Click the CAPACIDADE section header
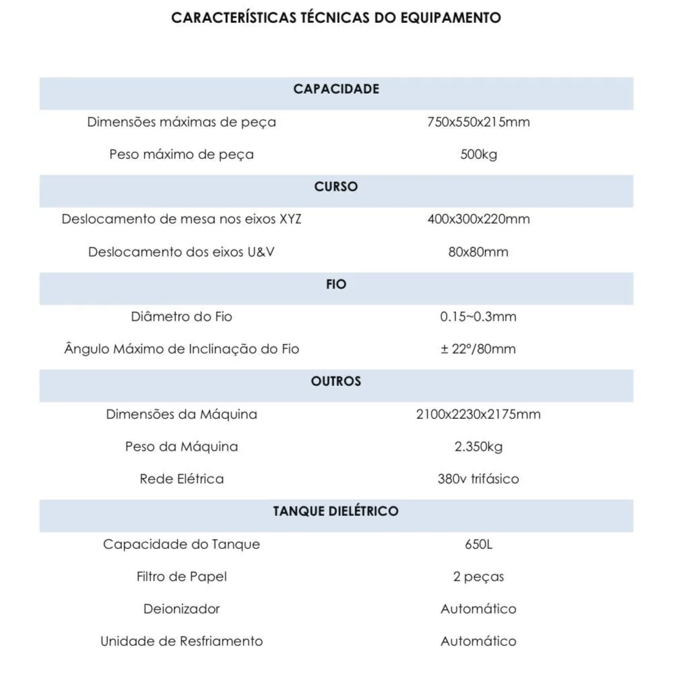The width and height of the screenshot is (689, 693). point(336,90)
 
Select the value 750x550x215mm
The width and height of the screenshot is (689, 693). point(478,123)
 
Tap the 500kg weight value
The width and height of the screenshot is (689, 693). point(478,155)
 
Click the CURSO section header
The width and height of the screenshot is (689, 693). point(336,187)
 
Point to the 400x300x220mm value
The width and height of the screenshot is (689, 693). point(478,220)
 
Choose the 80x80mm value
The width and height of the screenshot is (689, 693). point(478,253)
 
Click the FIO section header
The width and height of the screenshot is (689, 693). point(336,285)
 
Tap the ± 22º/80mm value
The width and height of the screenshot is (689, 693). point(478,350)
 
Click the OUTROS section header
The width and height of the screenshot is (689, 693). point(336,382)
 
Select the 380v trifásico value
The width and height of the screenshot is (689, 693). point(478,480)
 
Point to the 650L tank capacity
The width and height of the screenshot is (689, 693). point(478,544)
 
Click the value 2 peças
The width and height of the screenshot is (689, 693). point(478,577)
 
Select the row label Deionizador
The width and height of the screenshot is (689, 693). point(182,609)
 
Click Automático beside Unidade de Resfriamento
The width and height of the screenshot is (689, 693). point(478,642)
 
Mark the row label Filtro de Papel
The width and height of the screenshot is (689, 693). point(182,577)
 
